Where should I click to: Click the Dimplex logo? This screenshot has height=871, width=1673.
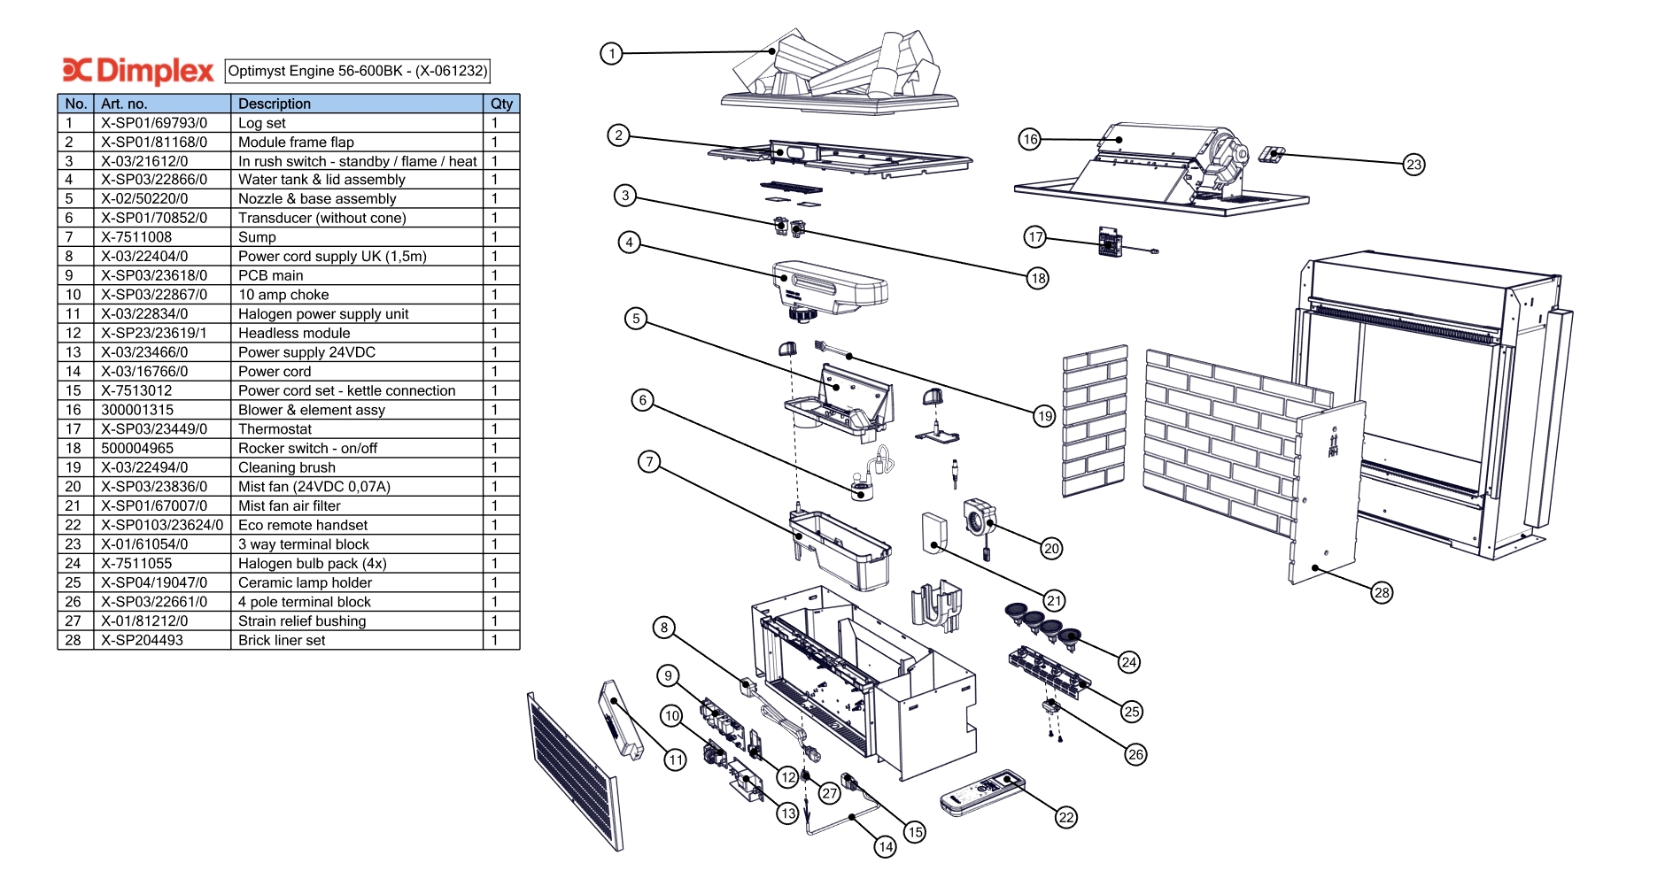point(138,71)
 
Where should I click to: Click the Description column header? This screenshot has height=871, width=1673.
point(275,104)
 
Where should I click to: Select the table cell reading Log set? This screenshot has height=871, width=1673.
point(262,123)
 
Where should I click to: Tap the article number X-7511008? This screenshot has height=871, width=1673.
point(136,237)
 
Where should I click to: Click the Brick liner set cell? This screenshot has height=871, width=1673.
point(282,640)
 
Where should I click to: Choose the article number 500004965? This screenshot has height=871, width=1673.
point(137,448)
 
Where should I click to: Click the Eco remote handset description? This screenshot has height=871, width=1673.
point(303,525)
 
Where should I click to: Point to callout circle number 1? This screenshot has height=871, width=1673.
point(611,54)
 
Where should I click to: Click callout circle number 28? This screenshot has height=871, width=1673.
point(1382,593)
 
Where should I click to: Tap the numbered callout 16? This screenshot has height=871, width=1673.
point(1029,139)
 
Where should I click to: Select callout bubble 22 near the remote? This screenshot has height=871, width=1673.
point(1066,817)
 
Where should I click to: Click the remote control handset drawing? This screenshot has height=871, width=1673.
point(981,793)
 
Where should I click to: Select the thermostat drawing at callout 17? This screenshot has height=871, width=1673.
point(1110,241)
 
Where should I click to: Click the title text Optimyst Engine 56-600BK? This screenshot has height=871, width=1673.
point(357,71)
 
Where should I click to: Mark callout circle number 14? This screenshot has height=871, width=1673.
point(885,847)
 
